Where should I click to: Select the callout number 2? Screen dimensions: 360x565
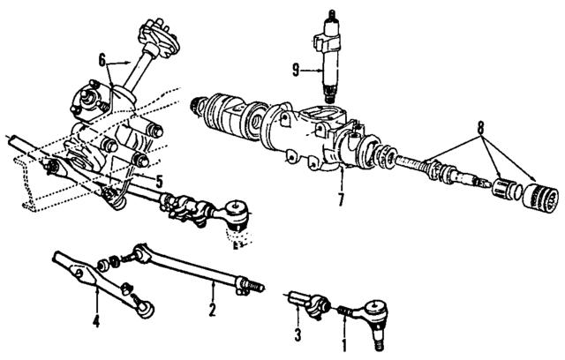pyautogui.click(x=212, y=310)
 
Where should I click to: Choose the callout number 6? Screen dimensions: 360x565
pyautogui.click(x=102, y=60)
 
